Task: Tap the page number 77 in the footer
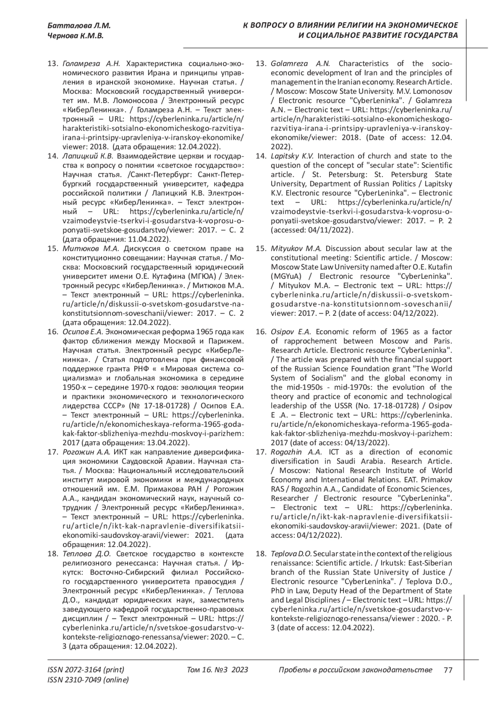click(x=448, y=670)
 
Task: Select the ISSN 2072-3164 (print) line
click(x=86, y=670)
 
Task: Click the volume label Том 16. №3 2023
click(x=217, y=670)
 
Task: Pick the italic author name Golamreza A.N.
click(x=300, y=64)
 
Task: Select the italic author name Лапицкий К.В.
click(x=87, y=156)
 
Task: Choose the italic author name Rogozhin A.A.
click(x=296, y=452)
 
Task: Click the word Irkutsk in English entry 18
click(x=390, y=563)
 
